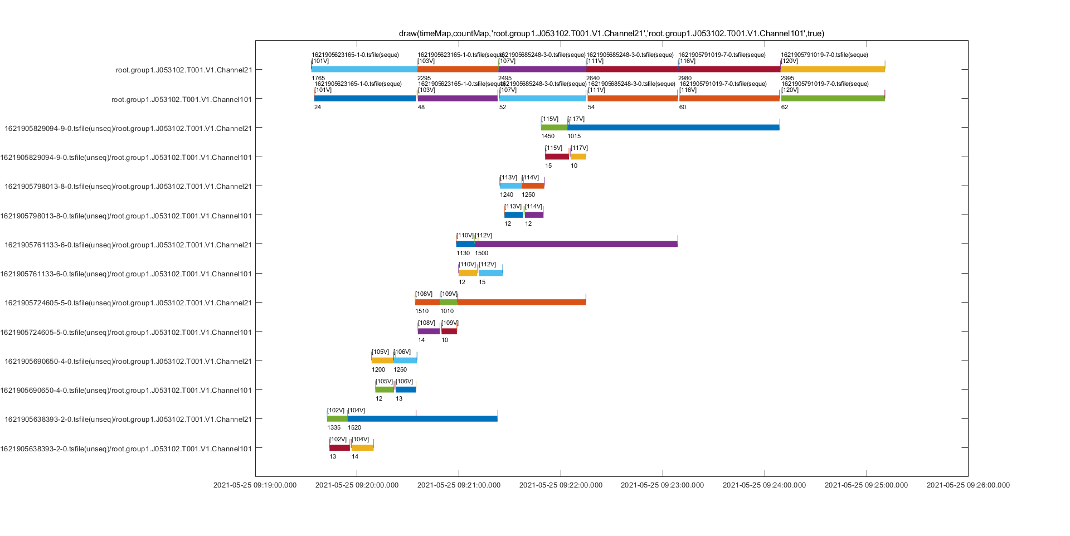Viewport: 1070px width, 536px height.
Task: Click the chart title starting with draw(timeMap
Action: tap(611, 33)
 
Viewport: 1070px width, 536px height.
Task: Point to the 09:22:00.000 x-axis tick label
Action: tap(561, 485)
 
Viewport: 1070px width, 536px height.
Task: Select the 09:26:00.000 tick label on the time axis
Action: tap(968, 485)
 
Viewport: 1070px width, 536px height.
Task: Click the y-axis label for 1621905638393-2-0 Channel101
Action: tap(126, 449)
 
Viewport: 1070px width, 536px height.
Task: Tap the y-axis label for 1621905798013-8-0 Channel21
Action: tap(128, 187)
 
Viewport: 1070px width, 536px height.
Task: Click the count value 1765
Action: tap(318, 79)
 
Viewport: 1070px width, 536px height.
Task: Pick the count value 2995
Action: tap(787, 79)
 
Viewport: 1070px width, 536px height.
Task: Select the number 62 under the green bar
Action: tap(785, 108)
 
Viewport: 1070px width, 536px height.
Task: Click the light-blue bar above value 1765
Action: tap(364, 70)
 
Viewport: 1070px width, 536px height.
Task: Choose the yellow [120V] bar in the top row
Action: tap(833, 70)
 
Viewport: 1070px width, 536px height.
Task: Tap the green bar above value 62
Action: tap(833, 99)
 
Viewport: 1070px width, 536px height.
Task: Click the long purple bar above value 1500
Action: tap(576, 244)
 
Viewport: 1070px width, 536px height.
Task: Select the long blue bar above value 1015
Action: tap(673, 128)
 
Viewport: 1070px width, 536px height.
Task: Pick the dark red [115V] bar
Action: tap(557, 157)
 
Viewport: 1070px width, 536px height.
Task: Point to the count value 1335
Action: tap(334, 428)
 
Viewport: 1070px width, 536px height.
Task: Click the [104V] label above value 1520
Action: tap(357, 411)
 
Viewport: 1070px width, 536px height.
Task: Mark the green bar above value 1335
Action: tap(337, 418)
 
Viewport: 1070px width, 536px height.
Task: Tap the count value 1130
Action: tap(463, 254)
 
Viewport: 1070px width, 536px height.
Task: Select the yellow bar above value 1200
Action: tap(382, 360)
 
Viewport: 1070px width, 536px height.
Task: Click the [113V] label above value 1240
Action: tap(509, 178)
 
